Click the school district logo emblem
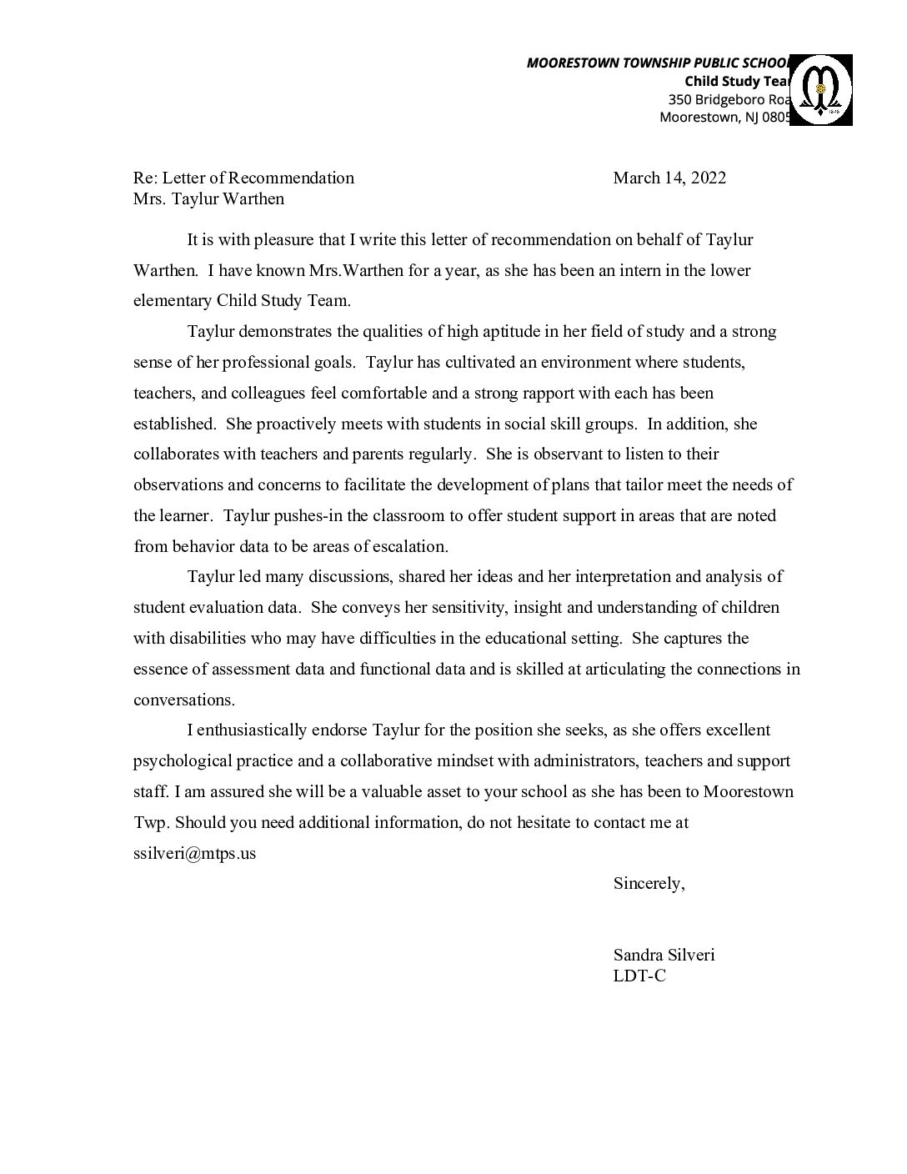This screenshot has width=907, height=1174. tap(820, 89)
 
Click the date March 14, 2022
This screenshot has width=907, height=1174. tap(669, 178)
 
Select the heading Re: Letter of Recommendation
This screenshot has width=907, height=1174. tap(243, 178)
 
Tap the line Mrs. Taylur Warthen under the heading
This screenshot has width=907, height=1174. tap(208, 198)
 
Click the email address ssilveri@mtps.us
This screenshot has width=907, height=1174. tap(194, 854)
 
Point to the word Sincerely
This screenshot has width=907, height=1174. tap(649, 884)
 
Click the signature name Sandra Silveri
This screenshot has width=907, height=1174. tap(664, 956)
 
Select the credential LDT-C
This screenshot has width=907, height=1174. tap(639, 976)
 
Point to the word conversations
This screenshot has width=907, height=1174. tap(184, 700)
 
